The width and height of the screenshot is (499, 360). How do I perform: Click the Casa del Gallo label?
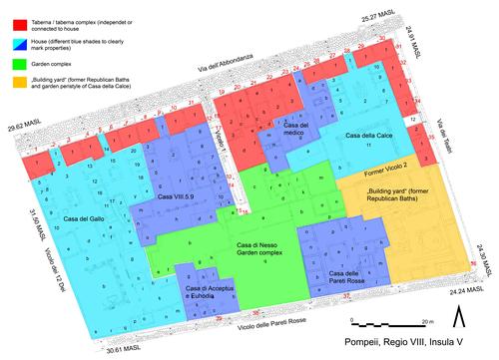click(84, 218)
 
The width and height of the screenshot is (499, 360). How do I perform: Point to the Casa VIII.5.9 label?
click(179, 198)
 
